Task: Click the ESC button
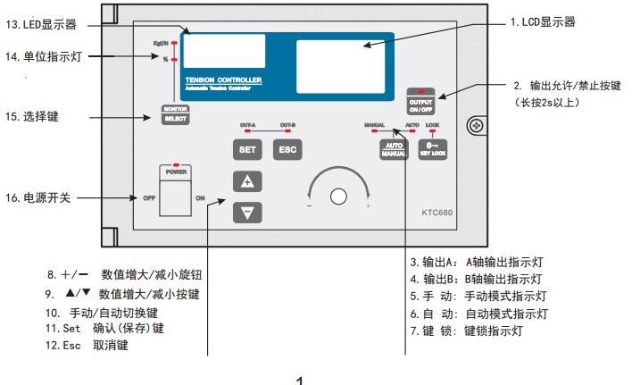(x=287, y=149)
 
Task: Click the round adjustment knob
(x=337, y=197)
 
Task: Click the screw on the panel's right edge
(x=477, y=126)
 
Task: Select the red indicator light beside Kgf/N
(x=175, y=42)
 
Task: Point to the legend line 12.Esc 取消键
(x=87, y=344)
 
